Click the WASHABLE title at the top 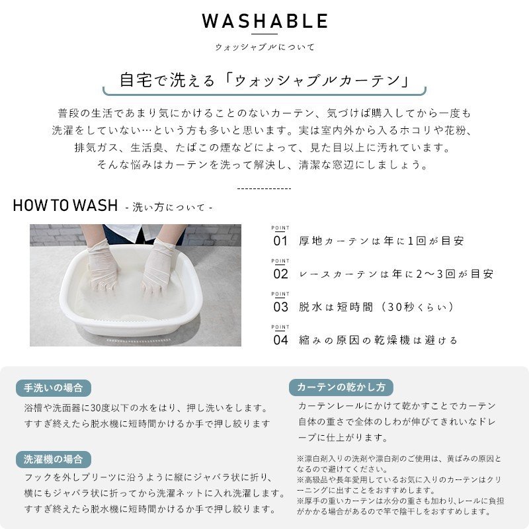point(264,21)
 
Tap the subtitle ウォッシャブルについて point(265,47)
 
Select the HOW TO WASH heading point(65,205)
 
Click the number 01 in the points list point(280,241)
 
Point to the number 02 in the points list point(280,274)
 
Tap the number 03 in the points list point(280,307)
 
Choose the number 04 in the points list point(280,340)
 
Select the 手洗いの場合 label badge point(54,388)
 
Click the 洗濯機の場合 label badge point(54,459)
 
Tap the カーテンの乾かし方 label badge point(341,387)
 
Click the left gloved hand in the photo point(103,266)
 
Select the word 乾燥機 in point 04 point(391,340)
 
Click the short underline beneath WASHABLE point(265,34)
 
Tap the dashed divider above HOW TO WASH point(264,188)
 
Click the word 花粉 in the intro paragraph point(455,130)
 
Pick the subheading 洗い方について point(169,207)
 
